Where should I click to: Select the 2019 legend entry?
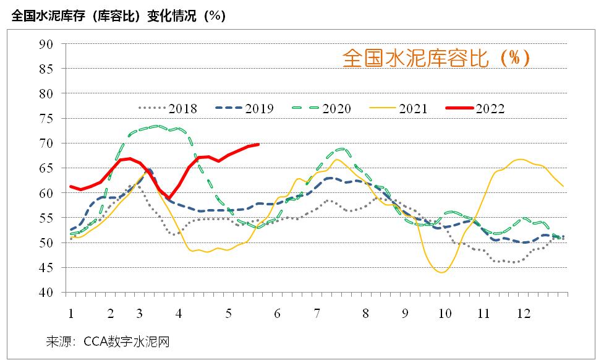point(245,109)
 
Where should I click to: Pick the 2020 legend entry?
point(321,109)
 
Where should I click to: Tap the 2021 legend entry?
point(398,109)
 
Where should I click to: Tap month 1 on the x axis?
point(72,314)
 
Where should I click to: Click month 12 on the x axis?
point(524,314)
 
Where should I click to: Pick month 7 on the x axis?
point(317,314)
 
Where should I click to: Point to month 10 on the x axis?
point(445,314)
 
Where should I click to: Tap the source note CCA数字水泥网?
point(108,341)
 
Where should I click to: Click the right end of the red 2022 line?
point(258,144)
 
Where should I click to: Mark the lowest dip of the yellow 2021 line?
point(442,272)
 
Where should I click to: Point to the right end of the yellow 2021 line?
point(563,186)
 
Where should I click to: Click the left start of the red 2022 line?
point(70,186)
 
